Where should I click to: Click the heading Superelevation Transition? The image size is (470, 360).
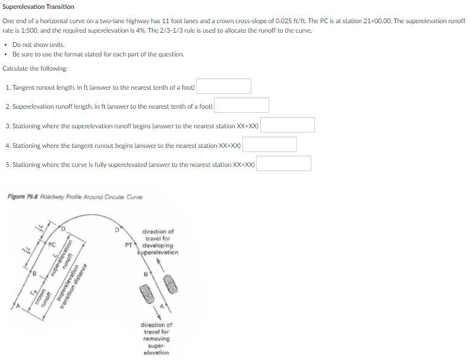(x=39, y=7)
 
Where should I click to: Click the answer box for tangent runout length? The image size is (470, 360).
(x=223, y=87)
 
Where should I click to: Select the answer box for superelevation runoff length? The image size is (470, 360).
(x=241, y=106)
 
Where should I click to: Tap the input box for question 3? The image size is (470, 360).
(x=287, y=125)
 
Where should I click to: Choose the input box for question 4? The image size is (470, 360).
(x=269, y=144)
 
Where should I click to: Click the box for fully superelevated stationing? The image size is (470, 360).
(x=283, y=163)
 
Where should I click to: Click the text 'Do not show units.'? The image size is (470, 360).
(x=38, y=45)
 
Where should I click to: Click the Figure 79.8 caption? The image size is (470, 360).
(x=75, y=197)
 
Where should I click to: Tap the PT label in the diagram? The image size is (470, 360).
(x=128, y=244)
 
